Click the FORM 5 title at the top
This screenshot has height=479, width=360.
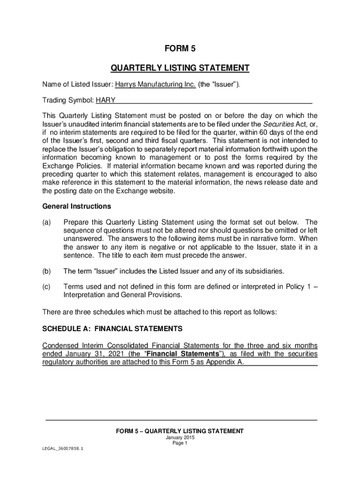180,49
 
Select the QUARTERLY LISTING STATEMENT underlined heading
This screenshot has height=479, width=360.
180,68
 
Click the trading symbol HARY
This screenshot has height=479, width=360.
106,100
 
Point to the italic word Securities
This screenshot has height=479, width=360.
278,123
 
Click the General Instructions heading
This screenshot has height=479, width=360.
77,206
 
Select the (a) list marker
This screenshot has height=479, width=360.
47,222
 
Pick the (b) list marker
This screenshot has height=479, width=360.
47,271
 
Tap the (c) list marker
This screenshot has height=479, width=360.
47,287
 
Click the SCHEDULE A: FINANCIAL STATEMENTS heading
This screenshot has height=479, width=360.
112,329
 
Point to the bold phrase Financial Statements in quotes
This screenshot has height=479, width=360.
188,354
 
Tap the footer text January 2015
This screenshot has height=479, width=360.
180,438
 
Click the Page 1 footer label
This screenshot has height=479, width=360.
180,443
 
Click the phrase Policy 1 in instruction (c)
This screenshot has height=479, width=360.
298,287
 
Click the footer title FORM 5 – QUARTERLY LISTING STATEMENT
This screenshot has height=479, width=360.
180,431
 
